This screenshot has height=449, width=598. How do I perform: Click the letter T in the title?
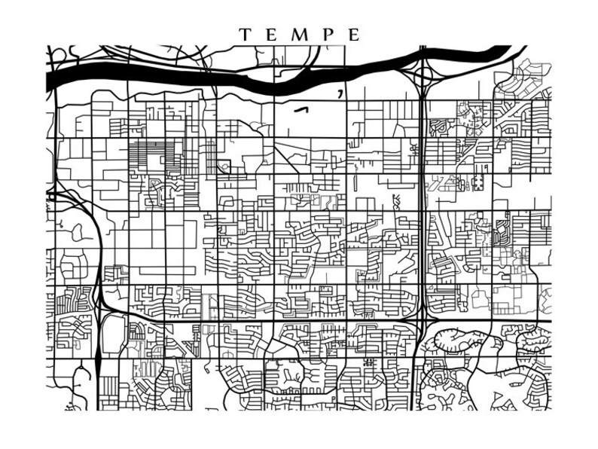click(245, 35)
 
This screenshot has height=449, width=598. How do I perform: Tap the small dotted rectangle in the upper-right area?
click(477, 182)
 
